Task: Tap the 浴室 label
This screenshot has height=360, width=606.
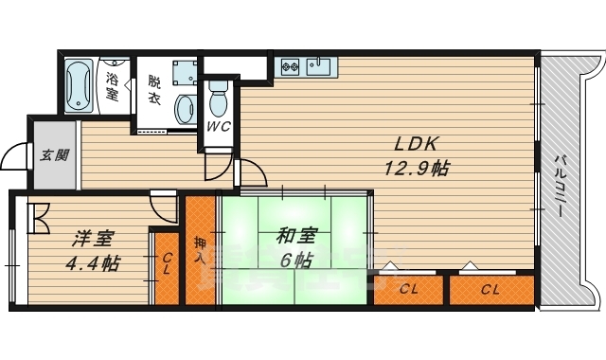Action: point(112,86)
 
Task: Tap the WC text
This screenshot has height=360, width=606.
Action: point(218,126)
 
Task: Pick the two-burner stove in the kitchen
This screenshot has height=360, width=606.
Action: point(290,66)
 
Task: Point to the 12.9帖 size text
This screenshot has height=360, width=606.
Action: point(415,169)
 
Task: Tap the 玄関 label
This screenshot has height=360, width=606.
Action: point(54,155)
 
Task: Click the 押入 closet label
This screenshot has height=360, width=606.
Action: point(199,250)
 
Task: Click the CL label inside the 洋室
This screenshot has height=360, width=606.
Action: point(165,262)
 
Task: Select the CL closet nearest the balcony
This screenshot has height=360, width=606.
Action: point(490,289)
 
